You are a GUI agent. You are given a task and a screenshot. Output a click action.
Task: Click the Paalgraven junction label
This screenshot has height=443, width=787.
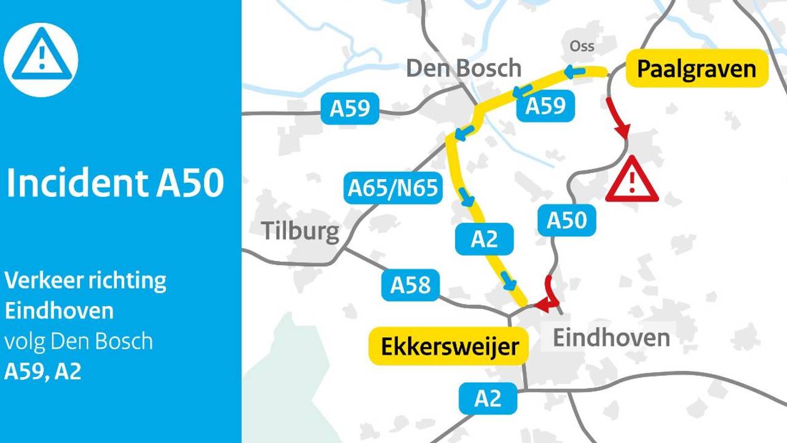click(x=697, y=69)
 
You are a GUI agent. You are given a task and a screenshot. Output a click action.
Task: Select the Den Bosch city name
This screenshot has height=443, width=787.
click(x=464, y=68)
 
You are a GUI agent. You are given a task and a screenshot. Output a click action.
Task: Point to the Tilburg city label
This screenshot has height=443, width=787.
click(x=300, y=231)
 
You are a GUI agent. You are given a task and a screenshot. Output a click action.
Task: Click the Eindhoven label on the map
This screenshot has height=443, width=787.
click(x=611, y=337)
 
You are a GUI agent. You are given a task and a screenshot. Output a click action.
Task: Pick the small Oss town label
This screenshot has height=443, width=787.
click(x=582, y=46)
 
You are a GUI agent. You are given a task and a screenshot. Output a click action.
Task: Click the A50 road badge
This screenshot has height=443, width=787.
click(x=567, y=220)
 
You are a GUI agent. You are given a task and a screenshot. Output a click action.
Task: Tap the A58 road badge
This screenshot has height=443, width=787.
click(x=410, y=285)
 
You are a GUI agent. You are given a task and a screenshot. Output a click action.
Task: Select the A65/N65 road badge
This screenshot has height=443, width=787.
click(x=393, y=188)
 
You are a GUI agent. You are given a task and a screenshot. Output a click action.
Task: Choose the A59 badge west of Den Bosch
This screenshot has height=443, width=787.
click(x=350, y=108)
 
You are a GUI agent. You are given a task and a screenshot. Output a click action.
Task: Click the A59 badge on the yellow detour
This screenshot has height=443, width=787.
click(x=545, y=106)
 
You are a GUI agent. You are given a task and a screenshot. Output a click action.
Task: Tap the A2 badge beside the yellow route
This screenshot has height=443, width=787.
click(x=484, y=239)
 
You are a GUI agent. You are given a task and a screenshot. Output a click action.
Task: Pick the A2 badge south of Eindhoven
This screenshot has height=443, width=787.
click(x=488, y=399)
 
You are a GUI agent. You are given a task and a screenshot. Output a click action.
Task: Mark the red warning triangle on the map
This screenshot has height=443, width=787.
click(x=631, y=181)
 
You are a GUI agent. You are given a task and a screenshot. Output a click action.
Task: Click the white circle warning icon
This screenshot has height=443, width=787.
click(x=41, y=60)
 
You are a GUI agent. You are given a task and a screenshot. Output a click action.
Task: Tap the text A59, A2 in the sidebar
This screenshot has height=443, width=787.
click(x=42, y=372)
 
